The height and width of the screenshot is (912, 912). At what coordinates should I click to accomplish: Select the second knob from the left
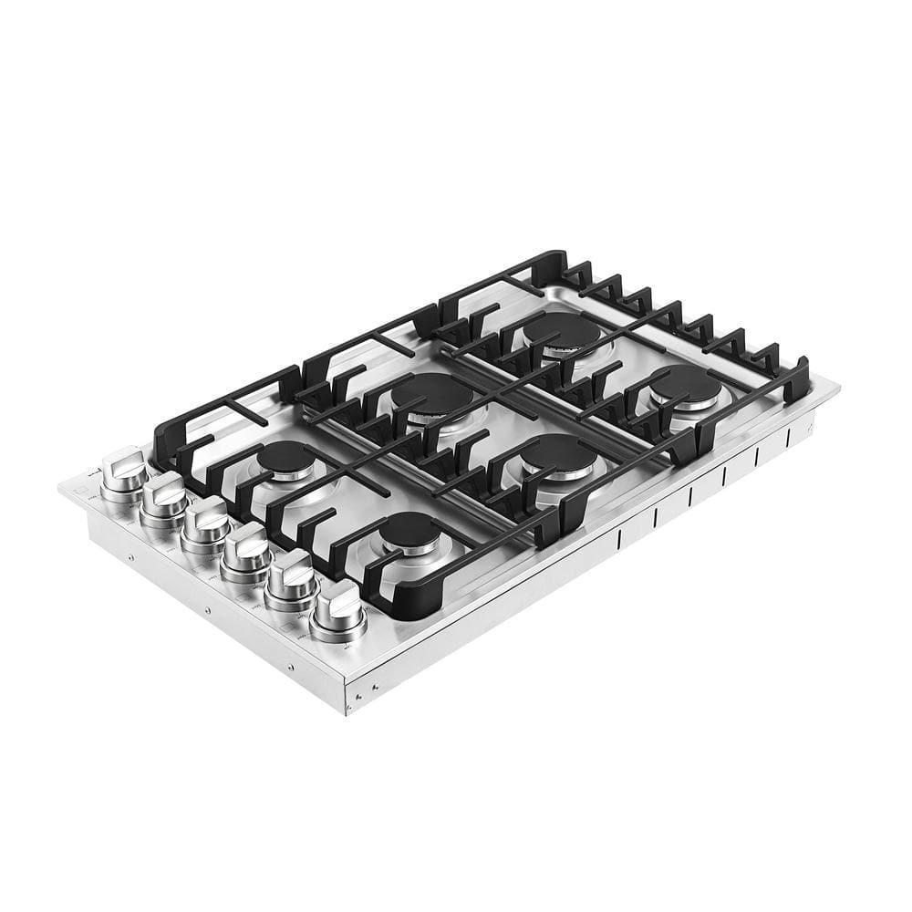[x=164, y=498]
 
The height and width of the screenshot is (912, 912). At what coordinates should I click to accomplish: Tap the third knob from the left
[x=205, y=523]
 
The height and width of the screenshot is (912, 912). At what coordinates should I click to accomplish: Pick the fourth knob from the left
[x=247, y=551]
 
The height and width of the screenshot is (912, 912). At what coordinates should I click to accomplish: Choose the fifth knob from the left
[x=292, y=580]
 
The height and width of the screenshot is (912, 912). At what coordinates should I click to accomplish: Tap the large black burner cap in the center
[x=432, y=394]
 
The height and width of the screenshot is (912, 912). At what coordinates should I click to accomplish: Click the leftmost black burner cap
[x=285, y=457]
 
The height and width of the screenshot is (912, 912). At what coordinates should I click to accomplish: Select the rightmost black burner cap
[x=686, y=384]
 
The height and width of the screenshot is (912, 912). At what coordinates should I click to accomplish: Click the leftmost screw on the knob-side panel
[x=130, y=555]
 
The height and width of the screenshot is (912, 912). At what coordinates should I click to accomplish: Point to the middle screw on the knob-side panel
[x=209, y=609]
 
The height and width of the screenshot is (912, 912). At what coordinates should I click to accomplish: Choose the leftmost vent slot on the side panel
[x=619, y=539]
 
